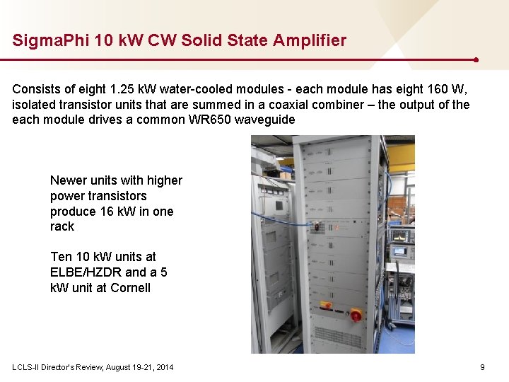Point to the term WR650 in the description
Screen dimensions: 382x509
click(x=211, y=120)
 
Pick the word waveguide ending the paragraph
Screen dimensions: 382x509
click(x=265, y=120)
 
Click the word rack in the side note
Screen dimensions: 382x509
click(x=62, y=227)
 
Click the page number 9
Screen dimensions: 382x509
click(x=482, y=367)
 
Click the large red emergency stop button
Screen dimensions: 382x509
click(x=356, y=313)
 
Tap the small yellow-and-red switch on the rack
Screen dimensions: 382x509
click(x=327, y=306)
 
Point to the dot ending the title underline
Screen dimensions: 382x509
click(x=476, y=60)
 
